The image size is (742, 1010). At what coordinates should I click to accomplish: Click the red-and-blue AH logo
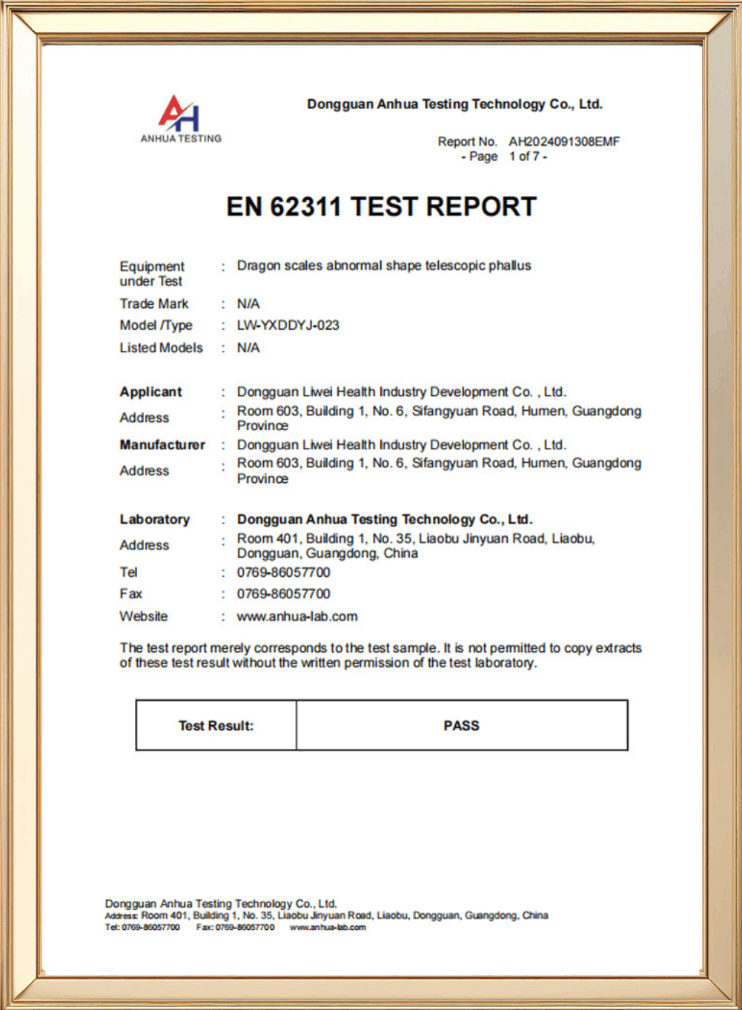click(x=179, y=113)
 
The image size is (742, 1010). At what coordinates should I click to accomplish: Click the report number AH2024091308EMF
click(x=563, y=142)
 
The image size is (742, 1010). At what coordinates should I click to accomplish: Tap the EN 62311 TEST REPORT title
click(x=381, y=206)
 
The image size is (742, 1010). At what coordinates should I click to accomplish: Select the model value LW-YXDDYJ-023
click(x=288, y=325)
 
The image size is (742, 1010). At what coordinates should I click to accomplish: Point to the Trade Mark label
click(x=154, y=303)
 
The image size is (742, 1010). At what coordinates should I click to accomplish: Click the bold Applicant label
click(x=150, y=392)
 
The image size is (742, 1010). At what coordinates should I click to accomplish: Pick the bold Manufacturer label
click(x=162, y=445)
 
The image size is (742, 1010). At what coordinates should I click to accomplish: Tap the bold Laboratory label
click(x=155, y=519)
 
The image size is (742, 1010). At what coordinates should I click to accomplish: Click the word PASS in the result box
click(x=461, y=725)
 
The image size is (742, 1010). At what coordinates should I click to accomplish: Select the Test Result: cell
click(x=216, y=725)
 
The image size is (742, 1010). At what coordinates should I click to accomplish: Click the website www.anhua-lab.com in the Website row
click(x=297, y=616)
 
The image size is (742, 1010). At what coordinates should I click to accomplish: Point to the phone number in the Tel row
click(x=283, y=572)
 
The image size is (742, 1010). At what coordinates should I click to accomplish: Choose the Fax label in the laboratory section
click(x=130, y=594)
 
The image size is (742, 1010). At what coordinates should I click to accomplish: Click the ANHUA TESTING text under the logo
click(x=181, y=139)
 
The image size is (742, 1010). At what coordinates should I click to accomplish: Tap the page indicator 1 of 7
click(x=527, y=156)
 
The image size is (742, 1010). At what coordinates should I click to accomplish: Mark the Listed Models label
click(x=161, y=348)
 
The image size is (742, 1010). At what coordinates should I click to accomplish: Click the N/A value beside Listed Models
click(x=248, y=348)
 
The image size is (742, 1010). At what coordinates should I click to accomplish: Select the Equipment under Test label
click(x=152, y=273)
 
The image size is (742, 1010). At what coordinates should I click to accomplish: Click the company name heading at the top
click(x=454, y=105)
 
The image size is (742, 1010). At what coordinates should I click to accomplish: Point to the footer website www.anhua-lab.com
click(x=327, y=927)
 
